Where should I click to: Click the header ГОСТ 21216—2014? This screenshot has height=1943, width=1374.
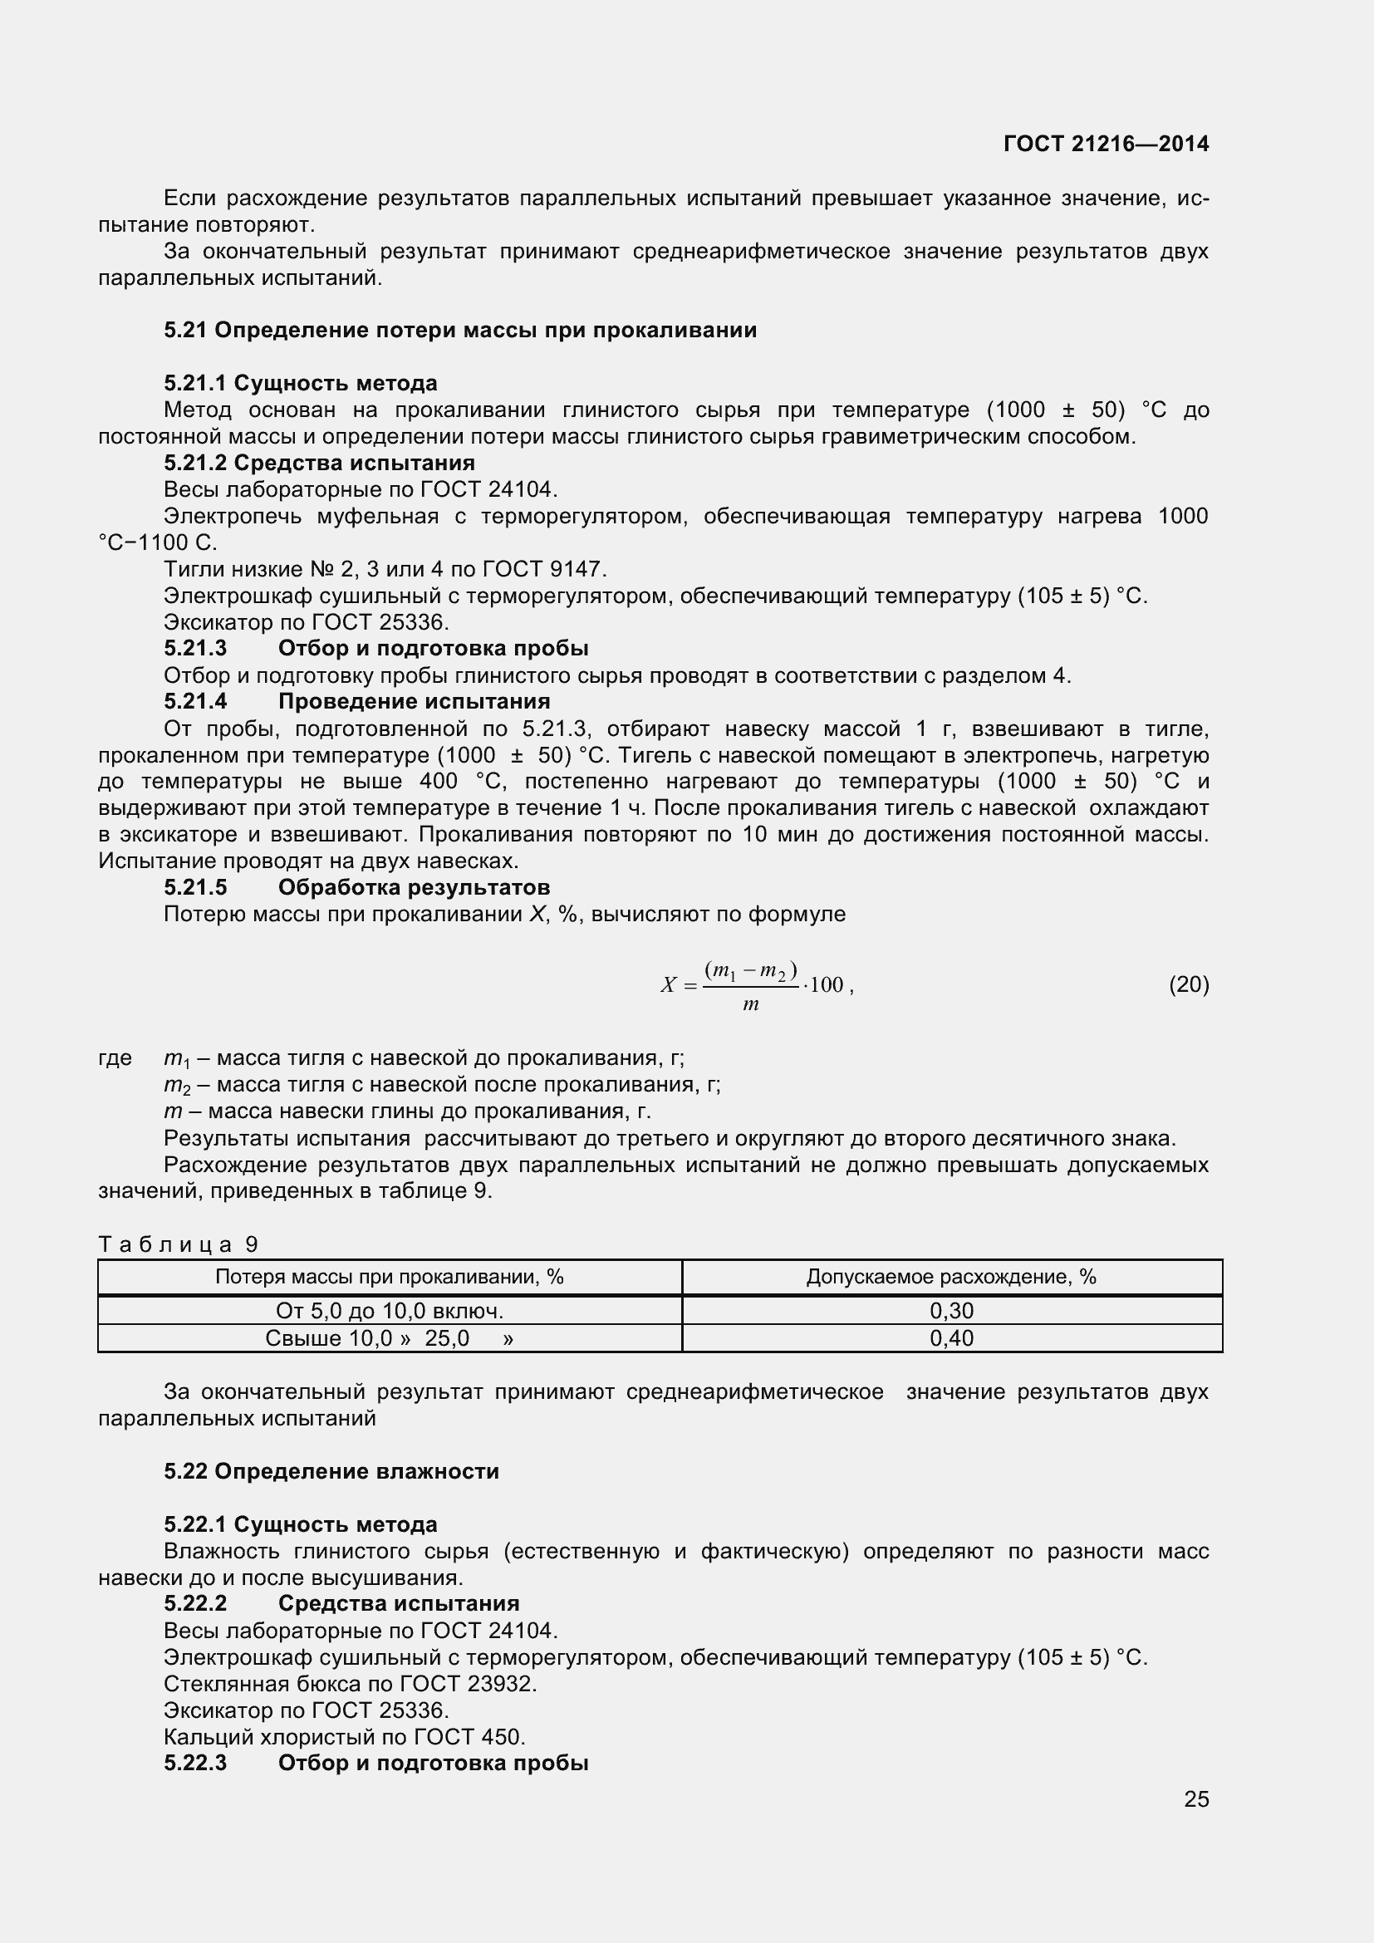pos(1106,144)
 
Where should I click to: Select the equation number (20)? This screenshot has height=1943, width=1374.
pos(1189,984)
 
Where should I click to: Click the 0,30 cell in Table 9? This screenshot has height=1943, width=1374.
pos(952,1311)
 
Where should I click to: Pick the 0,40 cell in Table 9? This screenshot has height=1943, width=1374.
pos(952,1338)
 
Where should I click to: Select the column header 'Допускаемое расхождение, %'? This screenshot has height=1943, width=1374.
pos(951,1277)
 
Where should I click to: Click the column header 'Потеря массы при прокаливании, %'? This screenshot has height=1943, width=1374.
pos(389,1277)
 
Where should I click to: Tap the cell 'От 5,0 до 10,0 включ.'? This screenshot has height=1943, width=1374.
pos(389,1311)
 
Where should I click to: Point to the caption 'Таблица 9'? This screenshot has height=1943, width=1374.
pos(178,1244)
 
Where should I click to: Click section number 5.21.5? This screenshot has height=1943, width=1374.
pos(195,887)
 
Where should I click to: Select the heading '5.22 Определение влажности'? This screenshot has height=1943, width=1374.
pos(331,1471)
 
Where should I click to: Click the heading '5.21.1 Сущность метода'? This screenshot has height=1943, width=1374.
pos(301,383)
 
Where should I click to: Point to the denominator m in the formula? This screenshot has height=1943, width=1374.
pos(750,1004)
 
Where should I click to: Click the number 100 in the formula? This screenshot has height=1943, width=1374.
pos(827,984)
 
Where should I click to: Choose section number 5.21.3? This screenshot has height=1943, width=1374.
pos(195,648)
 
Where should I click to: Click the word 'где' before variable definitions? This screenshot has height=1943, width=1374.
pos(115,1057)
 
